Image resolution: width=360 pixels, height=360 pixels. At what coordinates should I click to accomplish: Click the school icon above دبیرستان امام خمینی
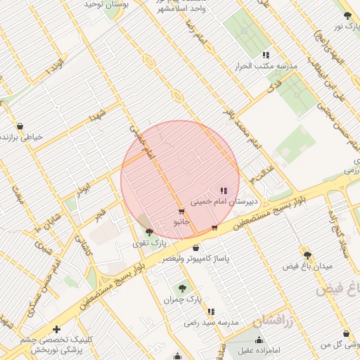click(224, 191)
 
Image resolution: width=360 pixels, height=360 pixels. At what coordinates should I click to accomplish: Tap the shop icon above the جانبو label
click(182, 212)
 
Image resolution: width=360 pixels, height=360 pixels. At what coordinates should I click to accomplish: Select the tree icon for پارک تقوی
click(148, 231)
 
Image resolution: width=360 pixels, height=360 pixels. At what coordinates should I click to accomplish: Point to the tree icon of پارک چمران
click(183, 288)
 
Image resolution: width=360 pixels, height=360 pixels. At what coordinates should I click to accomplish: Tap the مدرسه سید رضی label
click(211, 322)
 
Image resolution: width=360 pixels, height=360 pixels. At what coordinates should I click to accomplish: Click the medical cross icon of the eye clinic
click(57, 329)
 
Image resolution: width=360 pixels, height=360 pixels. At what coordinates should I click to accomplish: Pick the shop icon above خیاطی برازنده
click(20, 126)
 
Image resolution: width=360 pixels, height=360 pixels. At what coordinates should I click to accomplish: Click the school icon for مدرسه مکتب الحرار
click(266, 55)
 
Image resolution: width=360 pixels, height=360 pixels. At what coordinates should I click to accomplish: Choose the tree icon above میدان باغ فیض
click(307, 255)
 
